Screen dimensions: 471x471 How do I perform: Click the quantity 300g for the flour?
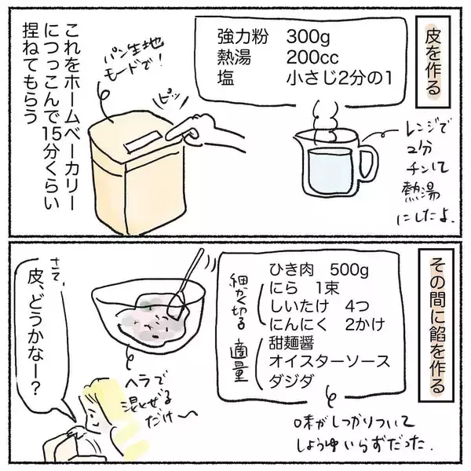[309, 38]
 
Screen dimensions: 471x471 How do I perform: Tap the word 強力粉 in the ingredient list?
[243, 37]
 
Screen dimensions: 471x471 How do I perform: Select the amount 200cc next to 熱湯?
[312, 57]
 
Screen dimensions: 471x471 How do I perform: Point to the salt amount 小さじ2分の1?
[339, 78]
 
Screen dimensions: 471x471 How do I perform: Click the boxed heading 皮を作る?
[433, 62]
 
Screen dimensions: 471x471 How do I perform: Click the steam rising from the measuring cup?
[326, 122]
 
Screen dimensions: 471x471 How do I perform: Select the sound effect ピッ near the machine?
[170, 100]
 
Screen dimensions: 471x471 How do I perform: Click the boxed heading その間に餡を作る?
[436, 327]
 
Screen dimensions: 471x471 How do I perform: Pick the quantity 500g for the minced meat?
[349, 271]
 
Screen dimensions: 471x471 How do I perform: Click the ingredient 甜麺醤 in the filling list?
[291, 343]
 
